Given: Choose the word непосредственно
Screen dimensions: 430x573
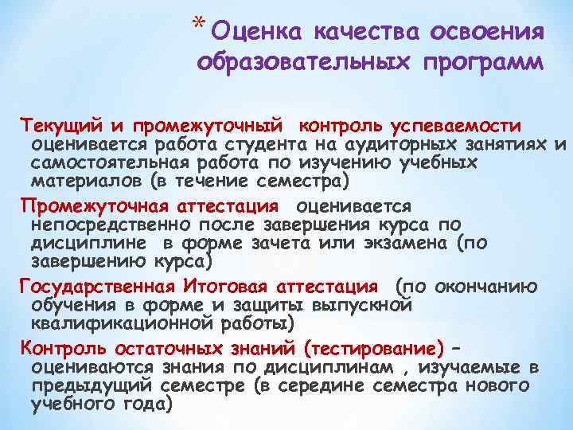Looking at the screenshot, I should click(x=95, y=225).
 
